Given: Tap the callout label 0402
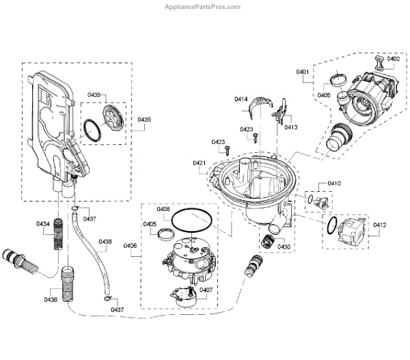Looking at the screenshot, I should (394, 59).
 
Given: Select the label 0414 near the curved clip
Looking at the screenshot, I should (241, 100).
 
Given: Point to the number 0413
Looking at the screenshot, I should (291, 127).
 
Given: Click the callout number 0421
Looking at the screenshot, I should (200, 163).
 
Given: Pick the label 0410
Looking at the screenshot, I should (335, 184).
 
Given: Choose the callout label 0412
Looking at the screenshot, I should (380, 224).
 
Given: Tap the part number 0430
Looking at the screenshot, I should (284, 246).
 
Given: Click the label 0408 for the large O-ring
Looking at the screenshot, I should (163, 209).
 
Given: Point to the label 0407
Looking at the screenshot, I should (206, 290).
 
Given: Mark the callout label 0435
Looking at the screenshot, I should (144, 120).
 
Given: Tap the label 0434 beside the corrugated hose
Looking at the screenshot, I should (43, 224).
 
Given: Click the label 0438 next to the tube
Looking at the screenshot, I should (105, 241).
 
